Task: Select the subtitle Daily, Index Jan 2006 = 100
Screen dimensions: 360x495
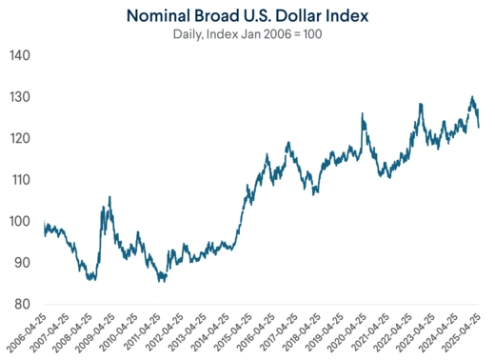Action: [x=247, y=34]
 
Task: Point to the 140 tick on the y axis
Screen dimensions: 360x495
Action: [x=22, y=56]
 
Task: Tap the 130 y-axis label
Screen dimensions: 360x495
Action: [x=22, y=98]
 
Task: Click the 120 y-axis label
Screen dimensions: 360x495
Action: [x=22, y=139]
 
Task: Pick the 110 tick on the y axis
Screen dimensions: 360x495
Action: [x=22, y=180]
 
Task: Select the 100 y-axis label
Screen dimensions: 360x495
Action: [x=22, y=222]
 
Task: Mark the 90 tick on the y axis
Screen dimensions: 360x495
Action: [x=22, y=263]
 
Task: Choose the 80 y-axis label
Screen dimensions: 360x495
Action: [x=22, y=304]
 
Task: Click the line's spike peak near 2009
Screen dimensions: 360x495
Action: [x=109, y=197]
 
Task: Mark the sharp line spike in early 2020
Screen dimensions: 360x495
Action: [x=362, y=114]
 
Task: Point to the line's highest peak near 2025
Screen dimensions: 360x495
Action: [x=471, y=97]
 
